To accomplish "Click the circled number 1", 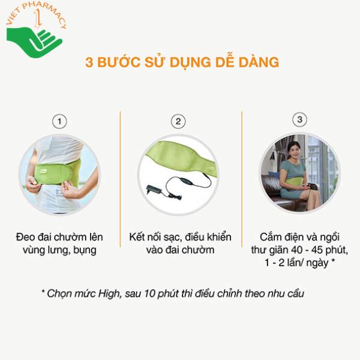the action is (x=59, y=121).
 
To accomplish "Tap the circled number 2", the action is (x=178, y=121).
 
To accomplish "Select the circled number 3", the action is (x=299, y=119).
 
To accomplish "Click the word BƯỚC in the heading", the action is (x=119, y=62).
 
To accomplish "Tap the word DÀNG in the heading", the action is (x=259, y=62).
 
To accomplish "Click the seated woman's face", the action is (x=293, y=152).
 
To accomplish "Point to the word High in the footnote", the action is (x=110, y=293).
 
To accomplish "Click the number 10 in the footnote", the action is (x=149, y=293).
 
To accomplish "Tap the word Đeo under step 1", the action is (x=25, y=237).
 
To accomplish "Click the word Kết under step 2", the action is (x=137, y=237).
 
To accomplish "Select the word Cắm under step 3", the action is (x=270, y=237).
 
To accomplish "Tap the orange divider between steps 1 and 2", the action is (x=121, y=179).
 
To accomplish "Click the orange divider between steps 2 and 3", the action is (x=242, y=179).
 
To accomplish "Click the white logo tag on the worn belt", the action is (x=43, y=171).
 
